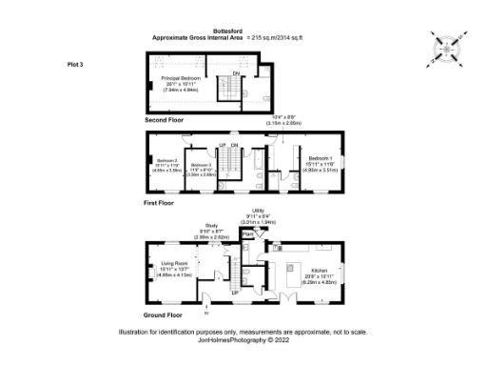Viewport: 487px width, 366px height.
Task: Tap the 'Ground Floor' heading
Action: pos(164,314)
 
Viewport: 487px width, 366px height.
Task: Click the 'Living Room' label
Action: pos(173,267)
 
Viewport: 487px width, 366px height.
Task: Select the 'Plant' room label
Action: pos(248,233)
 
